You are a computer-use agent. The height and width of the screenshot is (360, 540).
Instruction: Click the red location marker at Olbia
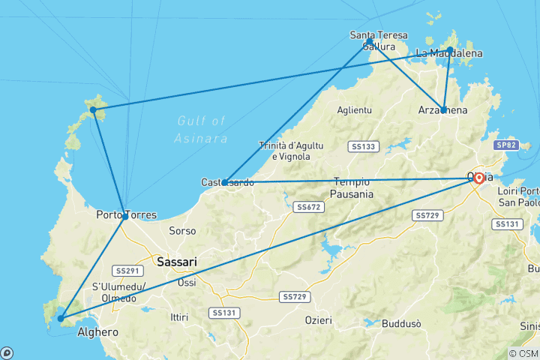coord(478,178)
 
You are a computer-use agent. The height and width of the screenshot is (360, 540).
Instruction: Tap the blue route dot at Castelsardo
coord(225,182)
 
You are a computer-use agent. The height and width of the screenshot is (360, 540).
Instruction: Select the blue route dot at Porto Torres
coord(124,217)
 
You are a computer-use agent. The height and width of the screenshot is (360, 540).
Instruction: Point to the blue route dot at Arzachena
coord(443,110)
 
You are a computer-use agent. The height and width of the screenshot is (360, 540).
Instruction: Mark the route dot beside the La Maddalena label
coord(449,50)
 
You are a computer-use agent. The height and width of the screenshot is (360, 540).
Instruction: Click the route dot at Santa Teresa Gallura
coord(370,42)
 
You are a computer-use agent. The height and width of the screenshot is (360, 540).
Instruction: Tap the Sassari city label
coord(177,262)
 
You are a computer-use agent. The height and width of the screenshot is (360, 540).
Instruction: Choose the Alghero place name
coord(98,332)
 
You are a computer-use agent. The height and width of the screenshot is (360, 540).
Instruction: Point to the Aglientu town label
coord(354,109)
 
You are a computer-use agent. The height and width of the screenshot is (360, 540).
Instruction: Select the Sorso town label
coord(182,231)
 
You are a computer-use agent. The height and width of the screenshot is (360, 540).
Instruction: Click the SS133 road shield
coord(364,146)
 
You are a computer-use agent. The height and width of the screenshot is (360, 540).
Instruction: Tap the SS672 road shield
coord(309,206)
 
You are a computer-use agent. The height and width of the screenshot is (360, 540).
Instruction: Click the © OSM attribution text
coord(523,353)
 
